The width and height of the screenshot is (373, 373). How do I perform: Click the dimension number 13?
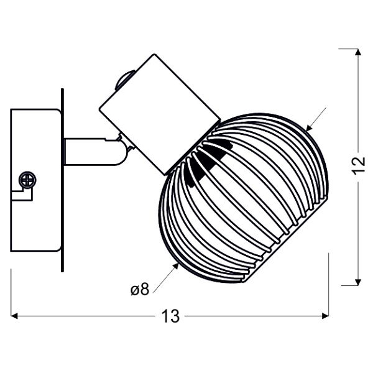(169, 317)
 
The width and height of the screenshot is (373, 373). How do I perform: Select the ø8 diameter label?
(139, 289)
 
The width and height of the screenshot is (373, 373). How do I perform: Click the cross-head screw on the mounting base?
(27, 180)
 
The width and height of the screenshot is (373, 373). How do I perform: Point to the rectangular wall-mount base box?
(35, 180)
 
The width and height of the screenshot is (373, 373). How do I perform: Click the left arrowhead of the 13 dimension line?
(16, 317)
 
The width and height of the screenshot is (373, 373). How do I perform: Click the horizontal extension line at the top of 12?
(349, 48)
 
